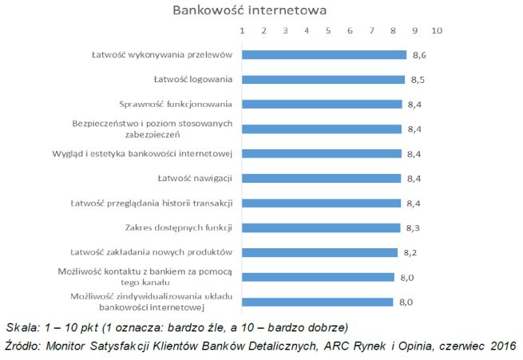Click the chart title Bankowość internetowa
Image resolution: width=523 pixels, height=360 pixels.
point(250,11)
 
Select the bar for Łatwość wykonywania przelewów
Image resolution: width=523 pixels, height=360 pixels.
point(323,55)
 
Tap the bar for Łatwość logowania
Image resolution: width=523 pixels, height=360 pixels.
point(323,80)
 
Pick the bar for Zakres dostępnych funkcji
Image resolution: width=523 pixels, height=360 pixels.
point(320,227)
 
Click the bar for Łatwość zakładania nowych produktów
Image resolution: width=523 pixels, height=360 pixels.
point(319,252)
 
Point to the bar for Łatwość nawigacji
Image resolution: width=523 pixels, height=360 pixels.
point(321,178)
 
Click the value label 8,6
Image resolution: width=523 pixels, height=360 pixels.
point(418,55)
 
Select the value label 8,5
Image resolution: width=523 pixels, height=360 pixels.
point(416,80)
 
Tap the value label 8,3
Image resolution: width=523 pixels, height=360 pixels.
point(412,227)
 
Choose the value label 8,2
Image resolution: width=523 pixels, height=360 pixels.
point(410,252)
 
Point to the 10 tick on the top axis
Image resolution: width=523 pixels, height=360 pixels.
point(436,30)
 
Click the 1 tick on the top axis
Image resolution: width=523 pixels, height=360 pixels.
point(242,30)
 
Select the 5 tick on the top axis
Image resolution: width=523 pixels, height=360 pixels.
point(328,30)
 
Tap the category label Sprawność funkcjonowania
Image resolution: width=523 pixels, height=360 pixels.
point(176,104)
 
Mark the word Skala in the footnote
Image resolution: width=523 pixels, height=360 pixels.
point(22,327)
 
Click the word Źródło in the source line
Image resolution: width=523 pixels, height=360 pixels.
point(22,346)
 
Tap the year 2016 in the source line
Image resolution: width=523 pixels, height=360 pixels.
point(501,346)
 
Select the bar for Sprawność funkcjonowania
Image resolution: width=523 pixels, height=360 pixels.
point(321,104)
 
